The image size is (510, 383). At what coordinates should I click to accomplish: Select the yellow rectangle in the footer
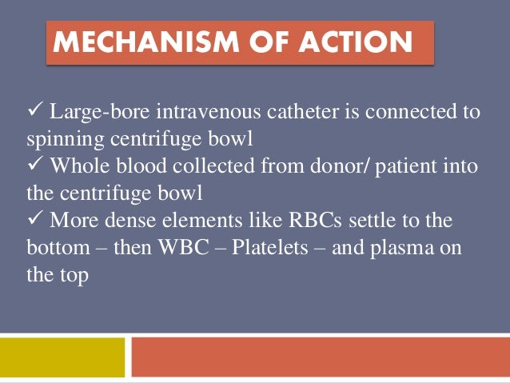click(x=63, y=357)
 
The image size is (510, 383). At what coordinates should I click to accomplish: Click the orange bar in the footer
click(x=320, y=357)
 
